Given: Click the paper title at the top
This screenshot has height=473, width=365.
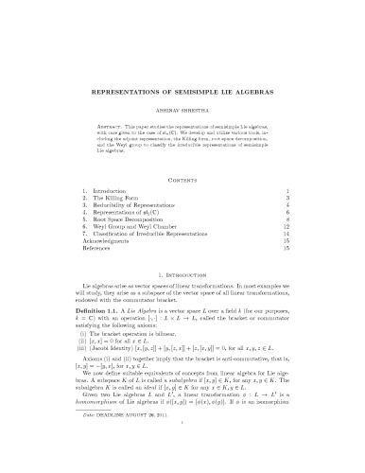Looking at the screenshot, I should point(183,94).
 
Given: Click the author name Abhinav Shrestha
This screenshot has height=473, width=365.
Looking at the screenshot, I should point(183,111).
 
